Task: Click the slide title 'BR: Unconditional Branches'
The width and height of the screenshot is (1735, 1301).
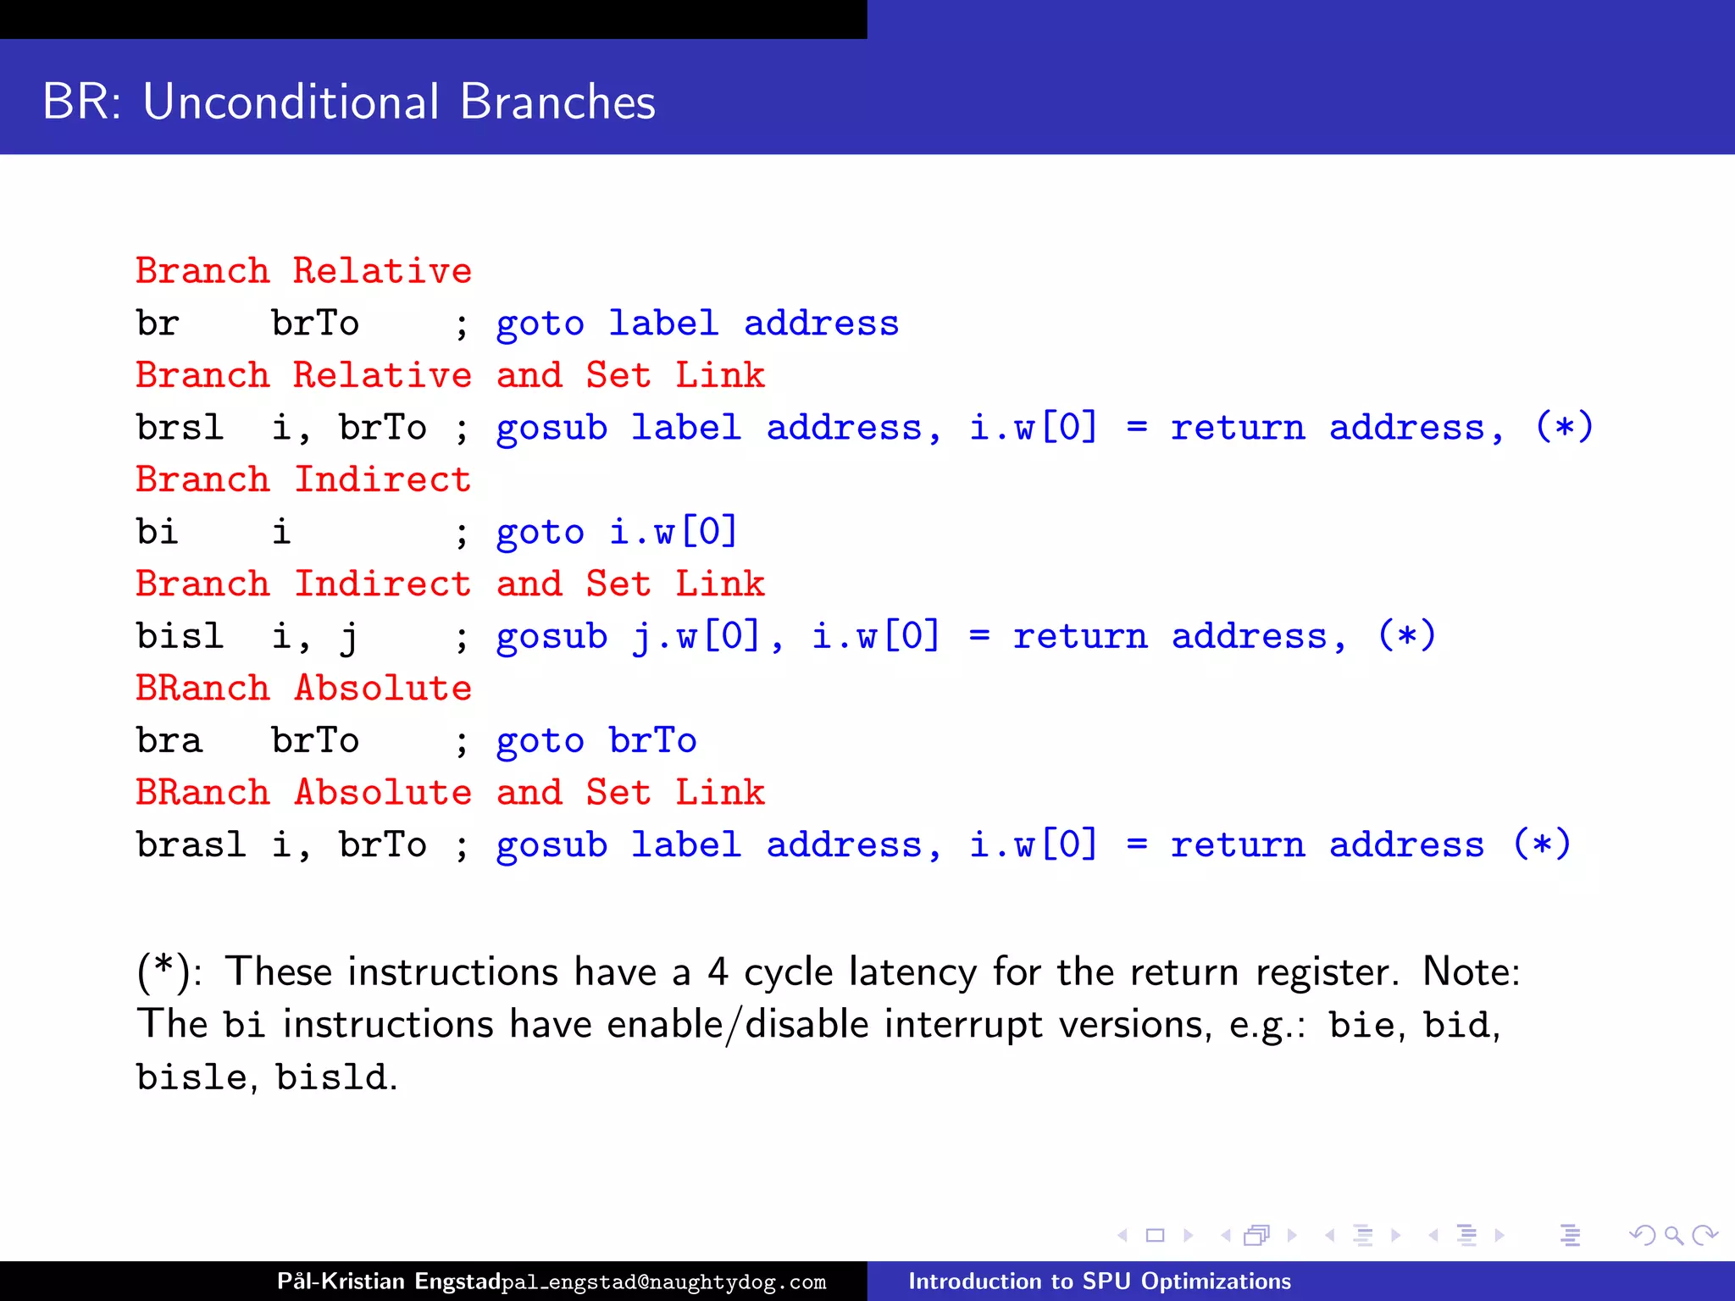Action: (x=348, y=102)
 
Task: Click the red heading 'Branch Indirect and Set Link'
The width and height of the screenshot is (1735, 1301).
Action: (x=450, y=584)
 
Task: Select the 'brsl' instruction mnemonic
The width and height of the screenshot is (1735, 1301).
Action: (x=180, y=427)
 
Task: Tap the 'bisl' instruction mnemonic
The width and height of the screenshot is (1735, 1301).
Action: (x=180, y=635)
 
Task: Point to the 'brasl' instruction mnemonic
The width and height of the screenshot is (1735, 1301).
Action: (x=191, y=844)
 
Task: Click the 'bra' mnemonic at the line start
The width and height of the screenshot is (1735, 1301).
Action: (x=169, y=740)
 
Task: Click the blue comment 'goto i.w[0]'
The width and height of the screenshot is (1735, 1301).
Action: (x=617, y=532)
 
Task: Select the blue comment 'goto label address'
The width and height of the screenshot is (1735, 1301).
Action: (x=696, y=324)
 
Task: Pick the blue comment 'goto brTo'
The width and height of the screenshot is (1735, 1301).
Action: (x=596, y=740)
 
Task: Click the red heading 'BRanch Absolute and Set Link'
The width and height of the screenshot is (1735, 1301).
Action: (x=450, y=792)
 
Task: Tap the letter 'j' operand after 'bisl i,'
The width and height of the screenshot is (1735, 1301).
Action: (x=348, y=637)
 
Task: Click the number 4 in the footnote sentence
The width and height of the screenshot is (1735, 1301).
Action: (x=718, y=972)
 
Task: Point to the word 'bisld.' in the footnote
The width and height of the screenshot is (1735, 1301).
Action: (x=336, y=1077)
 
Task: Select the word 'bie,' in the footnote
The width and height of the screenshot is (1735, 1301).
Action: (x=1366, y=1025)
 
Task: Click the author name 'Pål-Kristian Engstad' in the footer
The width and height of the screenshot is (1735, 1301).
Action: (x=388, y=1281)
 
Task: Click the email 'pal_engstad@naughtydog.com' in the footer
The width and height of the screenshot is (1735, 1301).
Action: (x=663, y=1282)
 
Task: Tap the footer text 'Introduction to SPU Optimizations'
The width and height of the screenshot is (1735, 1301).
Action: (x=1100, y=1281)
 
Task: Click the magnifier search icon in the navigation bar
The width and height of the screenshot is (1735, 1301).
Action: (x=1673, y=1235)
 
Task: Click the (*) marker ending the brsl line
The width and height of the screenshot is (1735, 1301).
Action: (x=1564, y=427)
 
